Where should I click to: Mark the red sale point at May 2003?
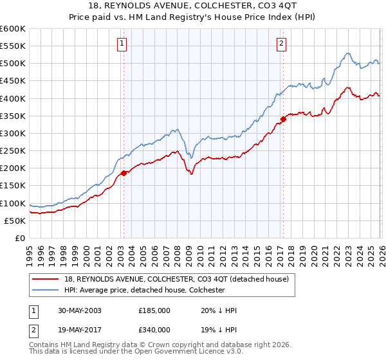[124, 172]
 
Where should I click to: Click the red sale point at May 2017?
[283, 119]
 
